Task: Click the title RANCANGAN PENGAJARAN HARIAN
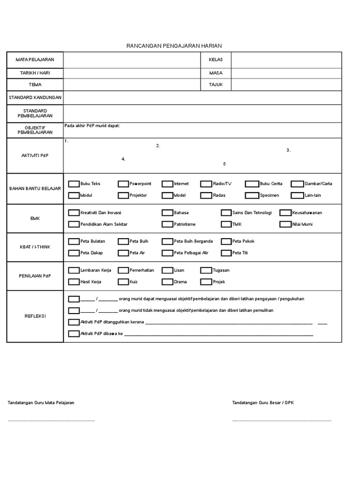tap(174, 45)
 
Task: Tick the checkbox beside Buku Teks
tap(74, 184)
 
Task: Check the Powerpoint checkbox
tap(123, 184)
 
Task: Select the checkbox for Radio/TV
tap(206, 184)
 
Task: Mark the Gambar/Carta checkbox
tap(297, 184)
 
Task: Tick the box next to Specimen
tap(252, 195)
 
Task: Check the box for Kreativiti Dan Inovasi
tap(74, 213)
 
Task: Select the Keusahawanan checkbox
tap(285, 213)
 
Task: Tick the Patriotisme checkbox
tap(167, 225)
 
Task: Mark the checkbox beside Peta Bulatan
tap(74, 241)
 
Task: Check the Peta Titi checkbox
tap(226, 253)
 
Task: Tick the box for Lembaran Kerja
tap(74, 270)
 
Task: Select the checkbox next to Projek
tap(206, 282)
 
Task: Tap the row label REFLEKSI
tap(35, 316)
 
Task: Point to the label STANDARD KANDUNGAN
tap(35, 97)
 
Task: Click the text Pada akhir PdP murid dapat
tap(92, 126)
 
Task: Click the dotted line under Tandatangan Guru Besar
tap(282, 420)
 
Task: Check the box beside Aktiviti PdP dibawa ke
tap(74, 334)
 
